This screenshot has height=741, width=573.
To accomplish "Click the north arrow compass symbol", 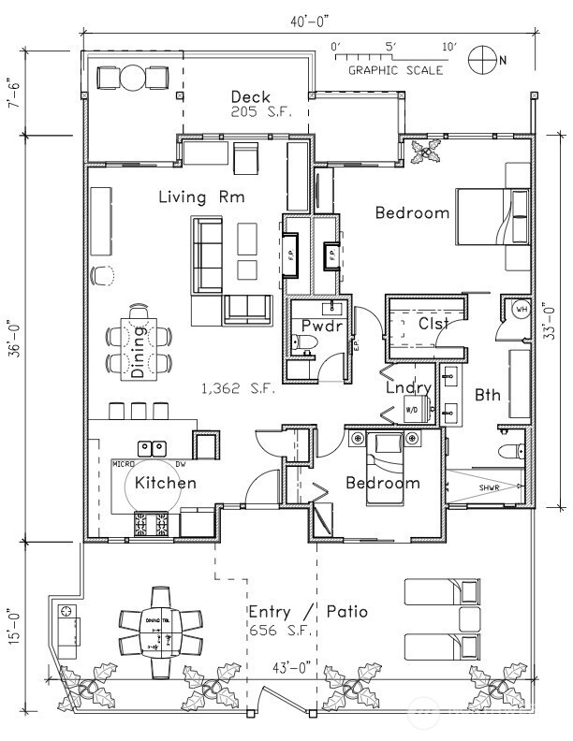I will pyautogui.click(x=483, y=59).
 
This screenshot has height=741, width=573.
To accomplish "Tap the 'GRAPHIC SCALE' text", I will pyautogui.click(x=388, y=69).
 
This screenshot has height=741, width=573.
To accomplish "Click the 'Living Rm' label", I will pyautogui.click(x=201, y=196).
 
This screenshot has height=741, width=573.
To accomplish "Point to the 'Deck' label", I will pyautogui.click(x=250, y=96).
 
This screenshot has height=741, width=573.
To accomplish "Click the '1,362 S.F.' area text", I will pyautogui.click(x=239, y=387).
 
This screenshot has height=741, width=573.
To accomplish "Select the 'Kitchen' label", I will pyautogui.click(x=166, y=483).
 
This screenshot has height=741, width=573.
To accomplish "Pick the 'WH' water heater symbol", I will pyautogui.click(x=521, y=309).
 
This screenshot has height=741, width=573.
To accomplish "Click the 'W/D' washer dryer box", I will pyautogui.click(x=412, y=409).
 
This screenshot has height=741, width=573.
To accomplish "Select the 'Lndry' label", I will pyautogui.click(x=409, y=387).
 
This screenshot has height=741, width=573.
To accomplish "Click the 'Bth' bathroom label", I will pyautogui.click(x=488, y=395).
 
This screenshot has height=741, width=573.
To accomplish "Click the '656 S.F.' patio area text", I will pyautogui.click(x=278, y=632).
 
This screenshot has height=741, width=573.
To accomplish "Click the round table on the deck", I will pyautogui.click(x=132, y=76).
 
